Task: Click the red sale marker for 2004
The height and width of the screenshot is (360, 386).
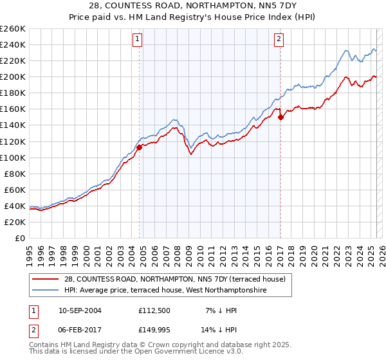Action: click(x=139, y=147)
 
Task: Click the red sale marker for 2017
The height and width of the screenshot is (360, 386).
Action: click(x=280, y=117)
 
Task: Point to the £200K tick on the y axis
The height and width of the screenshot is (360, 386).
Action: click(x=14, y=76)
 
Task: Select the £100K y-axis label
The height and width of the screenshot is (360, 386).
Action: click(x=14, y=157)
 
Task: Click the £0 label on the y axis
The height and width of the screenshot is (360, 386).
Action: click(x=19, y=238)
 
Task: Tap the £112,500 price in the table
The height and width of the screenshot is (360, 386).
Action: click(x=155, y=310)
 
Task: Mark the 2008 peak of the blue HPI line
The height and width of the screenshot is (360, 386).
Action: click(x=174, y=120)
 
